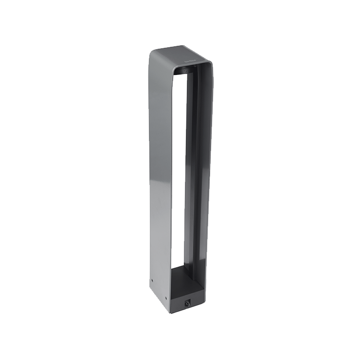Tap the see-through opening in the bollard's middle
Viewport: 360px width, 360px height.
179,173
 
